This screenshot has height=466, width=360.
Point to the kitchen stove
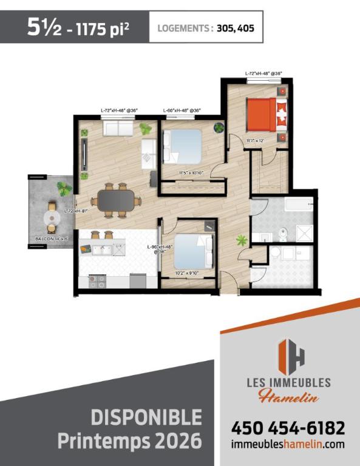click(x=97, y=281)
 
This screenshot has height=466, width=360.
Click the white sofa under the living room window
click(x=118, y=129)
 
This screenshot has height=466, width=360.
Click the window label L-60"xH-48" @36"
click(x=182, y=110)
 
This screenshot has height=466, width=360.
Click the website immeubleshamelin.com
click(x=288, y=445)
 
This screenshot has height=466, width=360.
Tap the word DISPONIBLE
click(x=146, y=417)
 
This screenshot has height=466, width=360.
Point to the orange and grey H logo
click(x=291, y=355)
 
